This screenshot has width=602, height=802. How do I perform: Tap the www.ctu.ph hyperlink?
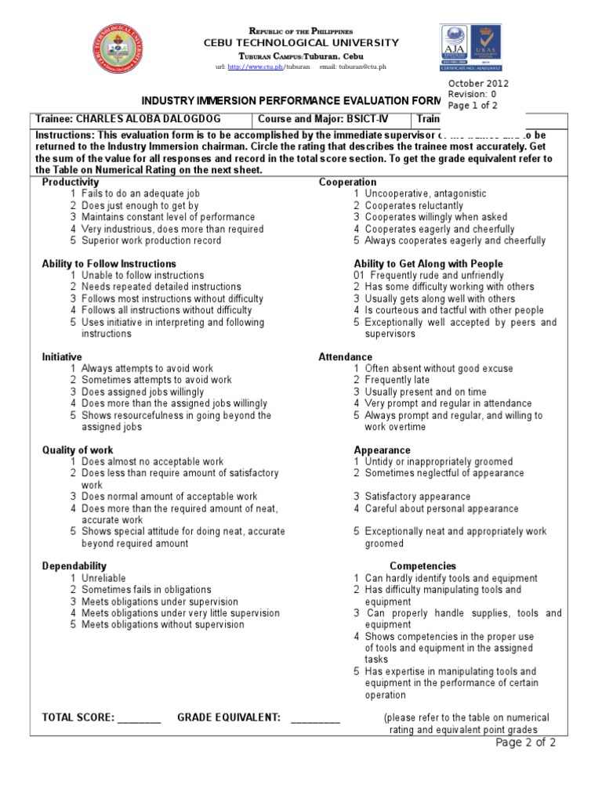tap(256, 67)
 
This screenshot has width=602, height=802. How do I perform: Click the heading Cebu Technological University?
tap(301, 43)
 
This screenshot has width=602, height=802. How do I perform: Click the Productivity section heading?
tap(71, 182)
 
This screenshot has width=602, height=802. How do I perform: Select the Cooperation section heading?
tap(347, 182)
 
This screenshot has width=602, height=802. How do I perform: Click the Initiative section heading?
tap(62, 357)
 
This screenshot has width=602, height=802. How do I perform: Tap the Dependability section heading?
tap(74, 566)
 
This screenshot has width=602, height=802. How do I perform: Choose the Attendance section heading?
tap(346, 357)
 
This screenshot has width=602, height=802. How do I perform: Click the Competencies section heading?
tap(422, 566)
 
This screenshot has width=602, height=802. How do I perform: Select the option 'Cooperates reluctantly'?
tap(414, 205)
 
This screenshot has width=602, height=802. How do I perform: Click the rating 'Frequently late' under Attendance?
tap(398, 380)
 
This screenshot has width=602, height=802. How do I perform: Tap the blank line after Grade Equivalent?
tap(316, 718)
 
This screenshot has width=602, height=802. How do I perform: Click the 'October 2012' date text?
tap(478, 84)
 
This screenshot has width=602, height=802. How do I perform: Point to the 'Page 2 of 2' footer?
tap(526, 743)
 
